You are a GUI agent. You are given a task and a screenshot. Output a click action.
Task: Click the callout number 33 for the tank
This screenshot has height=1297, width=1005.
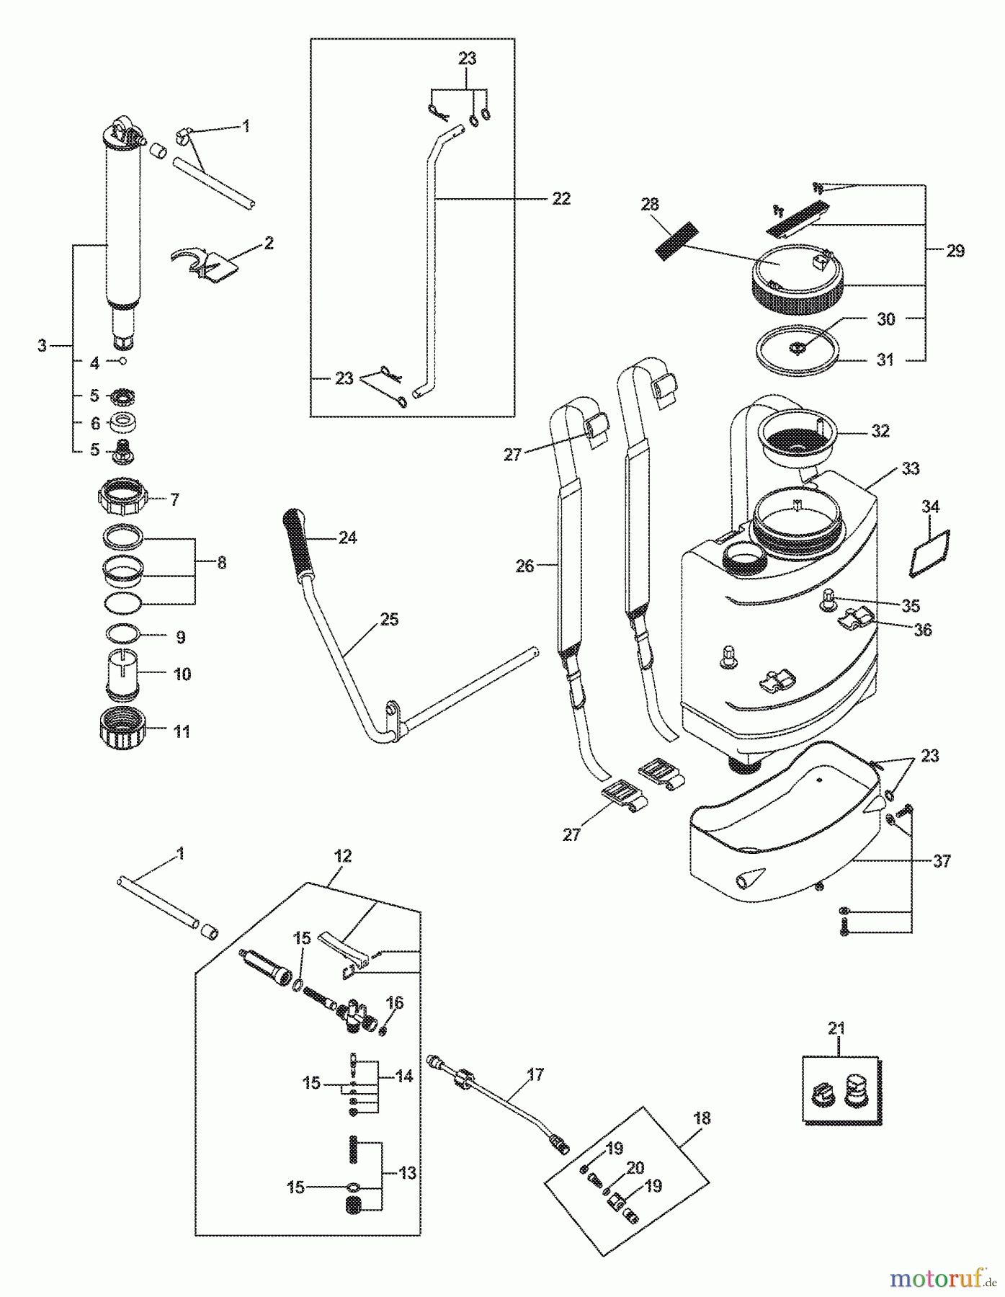pyautogui.click(x=910, y=468)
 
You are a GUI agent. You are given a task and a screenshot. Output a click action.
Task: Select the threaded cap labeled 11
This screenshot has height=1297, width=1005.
pyautogui.click(x=124, y=730)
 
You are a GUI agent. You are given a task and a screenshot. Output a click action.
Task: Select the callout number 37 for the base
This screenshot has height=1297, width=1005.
pyautogui.click(x=942, y=860)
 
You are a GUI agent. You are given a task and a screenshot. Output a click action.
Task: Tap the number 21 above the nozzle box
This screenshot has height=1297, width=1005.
pyautogui.click(x=836, y=1028)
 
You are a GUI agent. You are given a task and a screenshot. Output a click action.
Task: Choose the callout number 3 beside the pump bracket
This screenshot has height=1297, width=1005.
pyautogui.click(x=42, y=347)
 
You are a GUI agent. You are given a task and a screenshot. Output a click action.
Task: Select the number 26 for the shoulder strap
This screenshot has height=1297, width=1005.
pyautogui.click(x=525, y=566)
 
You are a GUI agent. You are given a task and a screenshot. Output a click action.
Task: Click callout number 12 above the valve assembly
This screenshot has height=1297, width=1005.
pyautogui.click(x=343, y=856)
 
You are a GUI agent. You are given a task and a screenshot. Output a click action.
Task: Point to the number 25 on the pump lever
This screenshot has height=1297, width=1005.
pyautogui.click(x=388, y=620)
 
